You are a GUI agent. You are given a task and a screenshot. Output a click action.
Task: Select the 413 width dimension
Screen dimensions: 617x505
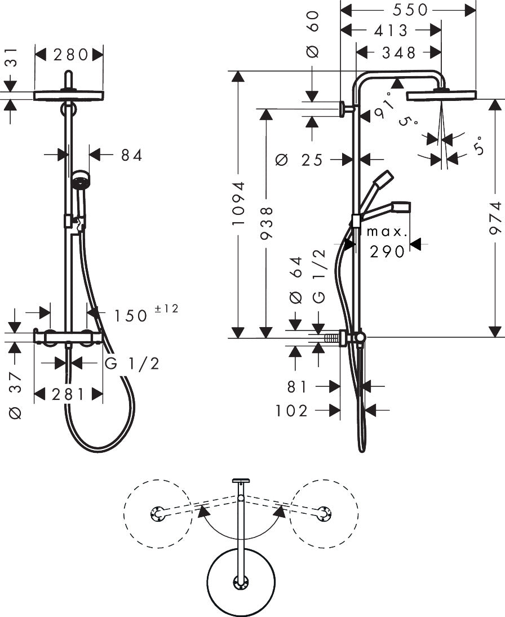[390, 30]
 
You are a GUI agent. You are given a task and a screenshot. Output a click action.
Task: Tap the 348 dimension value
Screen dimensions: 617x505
[398, 52]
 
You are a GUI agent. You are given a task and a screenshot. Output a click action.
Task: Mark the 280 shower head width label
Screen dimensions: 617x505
[70, 54]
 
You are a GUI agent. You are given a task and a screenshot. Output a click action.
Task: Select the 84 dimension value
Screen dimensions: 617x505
[131, 155]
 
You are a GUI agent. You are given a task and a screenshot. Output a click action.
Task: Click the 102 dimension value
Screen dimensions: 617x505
[292, 411]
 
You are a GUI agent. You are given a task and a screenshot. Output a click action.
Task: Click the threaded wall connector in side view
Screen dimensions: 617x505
[334, 338]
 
